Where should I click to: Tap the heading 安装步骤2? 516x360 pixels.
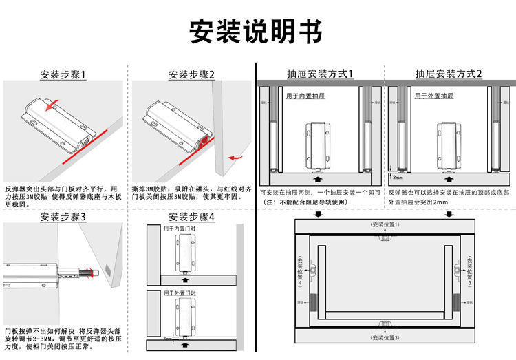click(x=191, y=74)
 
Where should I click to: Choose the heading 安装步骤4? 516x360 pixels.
click(x=191, y=217)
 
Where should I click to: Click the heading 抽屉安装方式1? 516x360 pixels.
click(x=320, y=74)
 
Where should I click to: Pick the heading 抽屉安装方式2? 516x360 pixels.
click(x=449, y=74)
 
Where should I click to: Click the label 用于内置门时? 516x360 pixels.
click(x=179, y=228)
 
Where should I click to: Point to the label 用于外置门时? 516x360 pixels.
click(x=179, y=294)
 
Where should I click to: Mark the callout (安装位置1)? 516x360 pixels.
click(x=385, y=225)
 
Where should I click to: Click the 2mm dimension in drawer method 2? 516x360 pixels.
click(x=398, y=176)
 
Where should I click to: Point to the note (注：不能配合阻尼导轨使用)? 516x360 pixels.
click(x=303, y=202)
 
